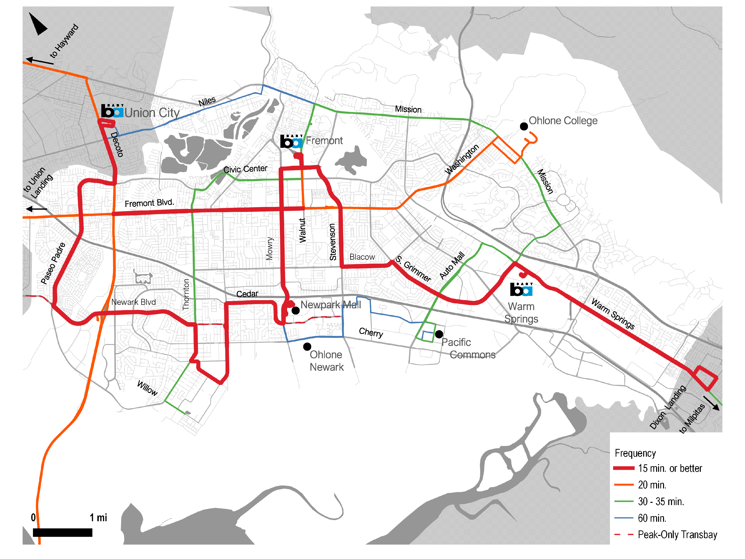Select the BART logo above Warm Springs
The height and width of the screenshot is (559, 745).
(x=521, y=289)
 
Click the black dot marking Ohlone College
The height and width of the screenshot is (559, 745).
(x=524, y=126)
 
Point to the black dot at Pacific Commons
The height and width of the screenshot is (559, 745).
(x=439, y=334)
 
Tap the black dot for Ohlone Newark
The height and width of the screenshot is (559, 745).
(x=307, y=346)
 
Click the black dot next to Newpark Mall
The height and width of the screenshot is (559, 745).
(x=295, y=311)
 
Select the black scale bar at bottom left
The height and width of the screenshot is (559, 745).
(x=62, y=532)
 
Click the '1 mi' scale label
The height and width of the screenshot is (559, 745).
(x=98, y=518)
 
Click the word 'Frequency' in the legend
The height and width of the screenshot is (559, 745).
(x=635, y=453)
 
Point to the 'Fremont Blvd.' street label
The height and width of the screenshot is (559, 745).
(x=149, y=203)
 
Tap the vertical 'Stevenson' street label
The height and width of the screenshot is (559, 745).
(x=333, y=242)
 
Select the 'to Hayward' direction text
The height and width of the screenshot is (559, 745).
(x=64, y=41)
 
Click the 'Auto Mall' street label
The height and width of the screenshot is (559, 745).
(x=452, y=266)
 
